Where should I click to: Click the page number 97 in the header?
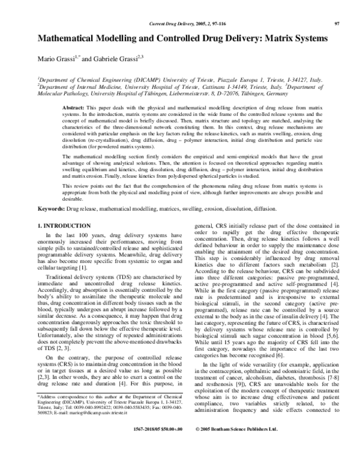(337, 23)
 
